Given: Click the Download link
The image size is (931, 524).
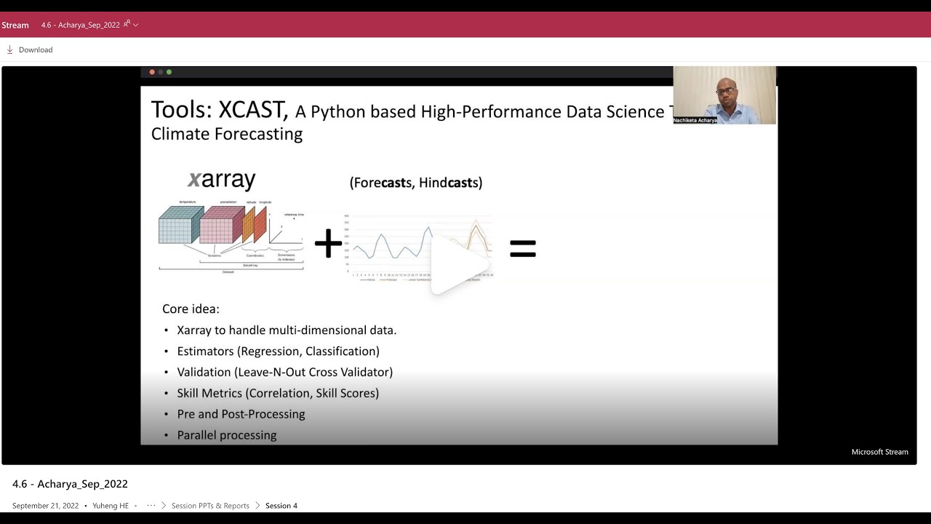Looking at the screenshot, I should [35, 49].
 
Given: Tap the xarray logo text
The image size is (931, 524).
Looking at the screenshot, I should [222, 180].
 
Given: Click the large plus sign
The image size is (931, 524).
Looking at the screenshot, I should [328, 244].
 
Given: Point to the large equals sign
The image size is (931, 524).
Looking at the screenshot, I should [522, 249].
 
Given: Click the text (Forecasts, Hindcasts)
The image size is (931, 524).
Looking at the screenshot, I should [415, 183].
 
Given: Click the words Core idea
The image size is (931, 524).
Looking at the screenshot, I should [191, 309].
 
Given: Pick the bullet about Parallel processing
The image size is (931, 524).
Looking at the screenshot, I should [226, 435].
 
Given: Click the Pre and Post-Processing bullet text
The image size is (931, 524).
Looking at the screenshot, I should [241, 414].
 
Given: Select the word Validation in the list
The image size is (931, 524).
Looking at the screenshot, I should [204, 372].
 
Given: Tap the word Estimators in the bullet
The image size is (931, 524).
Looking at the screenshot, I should [205, 352].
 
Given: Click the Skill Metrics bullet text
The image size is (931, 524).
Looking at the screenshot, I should [277, 393].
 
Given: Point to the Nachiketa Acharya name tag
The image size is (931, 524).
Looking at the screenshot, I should [695, 120].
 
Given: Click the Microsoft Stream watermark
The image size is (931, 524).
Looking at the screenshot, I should [879, 452].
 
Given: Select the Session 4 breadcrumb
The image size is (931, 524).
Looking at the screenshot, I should [281, 506].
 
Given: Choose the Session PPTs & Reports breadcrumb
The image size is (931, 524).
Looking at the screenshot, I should [210, 506].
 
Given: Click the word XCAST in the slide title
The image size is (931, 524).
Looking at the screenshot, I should [252, 110].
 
